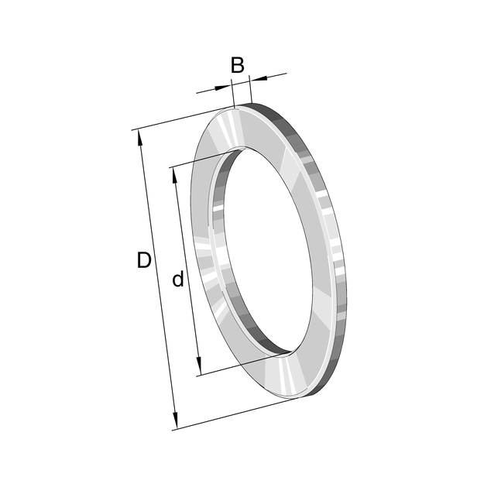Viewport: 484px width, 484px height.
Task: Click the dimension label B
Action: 238,65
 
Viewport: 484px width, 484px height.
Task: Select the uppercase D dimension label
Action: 144,260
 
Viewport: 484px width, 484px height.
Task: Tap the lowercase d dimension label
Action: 178,279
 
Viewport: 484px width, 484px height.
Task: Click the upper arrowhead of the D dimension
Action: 140,138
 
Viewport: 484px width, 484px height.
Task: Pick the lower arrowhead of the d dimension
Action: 199,368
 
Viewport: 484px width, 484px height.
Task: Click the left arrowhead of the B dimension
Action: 223,88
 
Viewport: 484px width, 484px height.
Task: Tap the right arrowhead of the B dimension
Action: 259,79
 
